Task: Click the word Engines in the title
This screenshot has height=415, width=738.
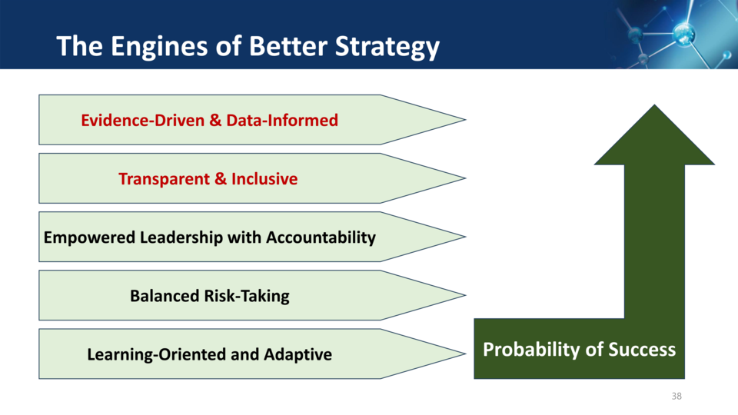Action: tap(159, 48)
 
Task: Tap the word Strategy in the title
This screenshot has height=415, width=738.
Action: tap(387, 48)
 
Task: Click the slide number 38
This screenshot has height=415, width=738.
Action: tap(676, 397)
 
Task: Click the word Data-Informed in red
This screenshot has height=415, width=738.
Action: tap(282, 120)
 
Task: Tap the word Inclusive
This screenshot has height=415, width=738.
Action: tap(264, 179)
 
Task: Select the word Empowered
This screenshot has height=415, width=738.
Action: tap(89, 237)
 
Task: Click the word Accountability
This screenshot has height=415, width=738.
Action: tap(321, 237)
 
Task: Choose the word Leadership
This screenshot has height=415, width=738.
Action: tap(181, 237)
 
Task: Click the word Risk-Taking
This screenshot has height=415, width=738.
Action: tap(246, 296)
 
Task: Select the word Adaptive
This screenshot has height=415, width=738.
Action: tap(298, 354)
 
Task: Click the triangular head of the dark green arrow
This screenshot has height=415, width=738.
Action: tap(654, 139)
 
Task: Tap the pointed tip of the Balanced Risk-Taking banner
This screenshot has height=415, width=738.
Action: tap(465, 295)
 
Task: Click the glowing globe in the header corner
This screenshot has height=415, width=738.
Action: tap(684, 34)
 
